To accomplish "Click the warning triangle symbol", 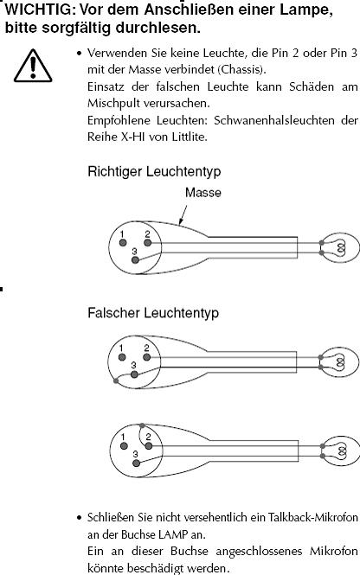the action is (33, 66).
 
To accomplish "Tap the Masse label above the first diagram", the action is (203, 193).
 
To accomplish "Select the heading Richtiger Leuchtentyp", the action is (154, 171).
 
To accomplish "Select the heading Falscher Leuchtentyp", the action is (153, 313).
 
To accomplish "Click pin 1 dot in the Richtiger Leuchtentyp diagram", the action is (123, 242).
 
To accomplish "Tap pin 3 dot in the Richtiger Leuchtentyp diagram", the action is (135, 260).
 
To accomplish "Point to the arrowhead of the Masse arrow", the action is (179, 223).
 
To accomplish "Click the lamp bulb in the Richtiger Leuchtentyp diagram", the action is (340, 247).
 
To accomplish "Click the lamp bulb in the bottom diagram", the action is (341, 451).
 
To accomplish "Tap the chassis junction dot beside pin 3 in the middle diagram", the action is (116, 381).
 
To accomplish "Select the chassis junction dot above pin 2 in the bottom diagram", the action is (142, 425).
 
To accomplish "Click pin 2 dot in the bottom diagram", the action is (149, 446).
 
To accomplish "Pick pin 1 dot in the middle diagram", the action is (122, 357).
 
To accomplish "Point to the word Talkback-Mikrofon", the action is (313, 517).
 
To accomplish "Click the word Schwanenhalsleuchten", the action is (274, 120).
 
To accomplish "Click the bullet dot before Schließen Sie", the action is (80, 518).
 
